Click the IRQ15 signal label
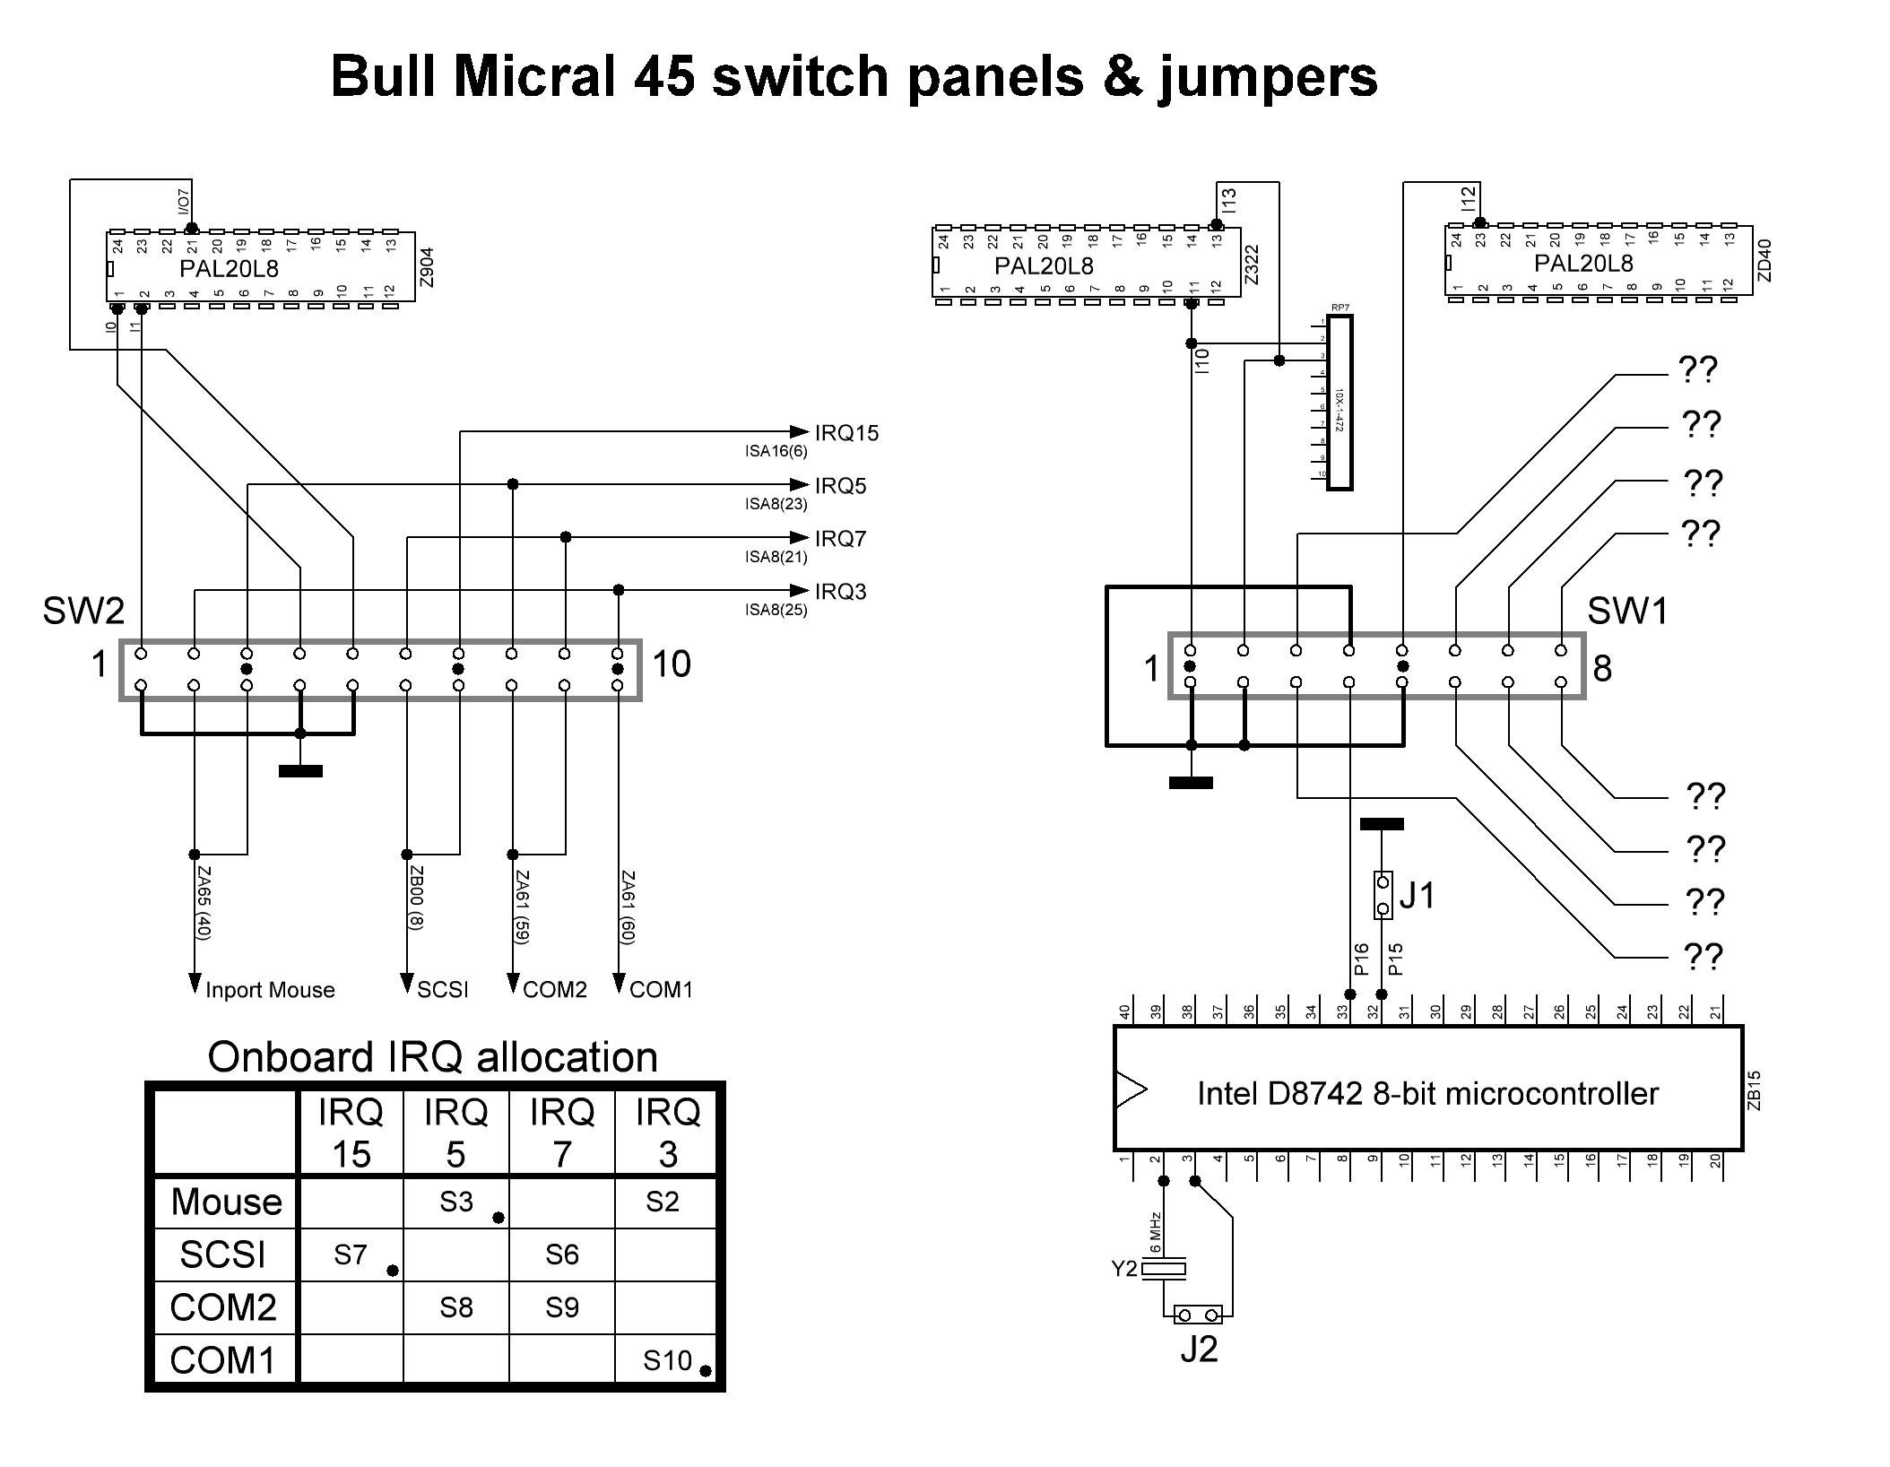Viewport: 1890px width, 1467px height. [846, 433]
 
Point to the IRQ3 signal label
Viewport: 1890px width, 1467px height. [840, 592]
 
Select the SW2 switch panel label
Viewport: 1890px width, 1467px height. [83, 612]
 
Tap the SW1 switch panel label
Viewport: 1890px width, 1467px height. [1627, 612]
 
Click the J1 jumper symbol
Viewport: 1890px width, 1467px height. [1383, 896]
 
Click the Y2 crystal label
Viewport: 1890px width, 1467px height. [1123, 1268]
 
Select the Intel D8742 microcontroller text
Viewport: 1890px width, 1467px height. [1427, 1093]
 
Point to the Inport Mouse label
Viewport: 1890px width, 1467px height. [270, 990]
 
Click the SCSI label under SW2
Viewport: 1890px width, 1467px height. [443, 990]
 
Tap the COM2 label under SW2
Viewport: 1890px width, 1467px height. [554, 990]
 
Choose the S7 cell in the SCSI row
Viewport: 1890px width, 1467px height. [351, 1254]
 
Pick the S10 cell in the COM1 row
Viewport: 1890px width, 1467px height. [667, 1361]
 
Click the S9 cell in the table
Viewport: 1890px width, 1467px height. [561, 1307]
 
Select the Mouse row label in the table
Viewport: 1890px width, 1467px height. [226, 1202]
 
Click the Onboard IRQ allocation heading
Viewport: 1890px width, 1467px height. [432, 1057]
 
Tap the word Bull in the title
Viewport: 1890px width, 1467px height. [385, 76]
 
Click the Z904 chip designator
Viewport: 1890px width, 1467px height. [427, 268]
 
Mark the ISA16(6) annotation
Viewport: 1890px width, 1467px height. [776, 452]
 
